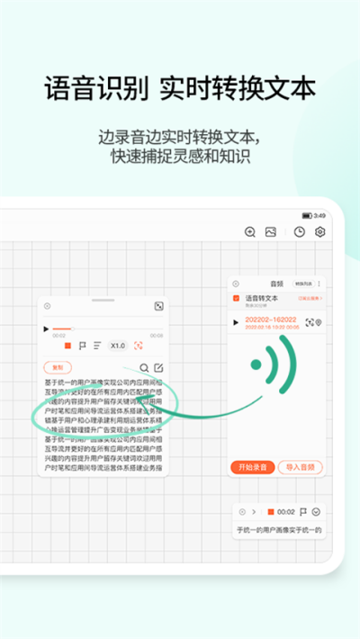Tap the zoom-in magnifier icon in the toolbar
click(250, 231)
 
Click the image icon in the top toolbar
click(270, 231)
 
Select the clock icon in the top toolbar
click(300, 231)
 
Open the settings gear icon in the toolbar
click(319, 231)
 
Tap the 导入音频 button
click(300, 466)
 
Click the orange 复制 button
click(58, 367)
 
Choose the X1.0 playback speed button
click(118, 346)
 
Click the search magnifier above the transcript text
click(144, 367)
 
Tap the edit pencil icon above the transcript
click(158, 367)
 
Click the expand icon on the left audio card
click(158, 307)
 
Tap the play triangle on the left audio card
click(47, 329)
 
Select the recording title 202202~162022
click(272, 321)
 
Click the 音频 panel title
click(276, 283)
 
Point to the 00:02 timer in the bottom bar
click(286, 511)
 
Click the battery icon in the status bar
click(307, 215)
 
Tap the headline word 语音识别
click(95, 90)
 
